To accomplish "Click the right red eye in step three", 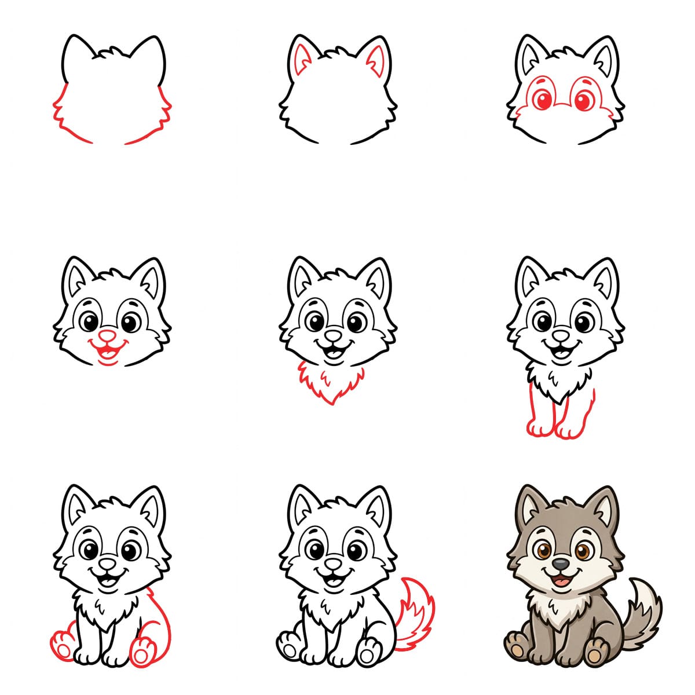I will pos(583,100).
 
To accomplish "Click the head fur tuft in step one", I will pos(110,53).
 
